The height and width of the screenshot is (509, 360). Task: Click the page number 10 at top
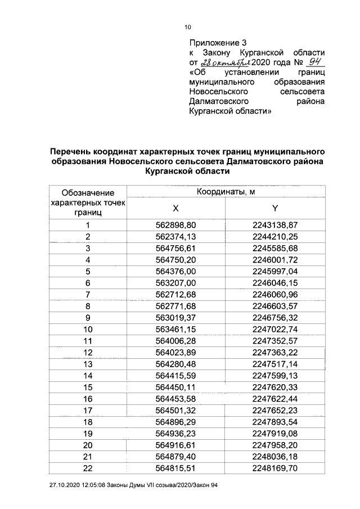[x=188, y=26]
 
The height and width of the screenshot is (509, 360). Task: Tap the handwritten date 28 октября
[x=223, y=61]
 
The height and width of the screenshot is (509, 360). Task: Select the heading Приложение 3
[x=218, y=42]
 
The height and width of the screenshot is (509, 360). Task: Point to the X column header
[x=176, y=209]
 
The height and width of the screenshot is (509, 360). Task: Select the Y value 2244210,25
[x=275, y=237]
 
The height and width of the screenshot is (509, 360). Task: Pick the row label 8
[x=88, y=306]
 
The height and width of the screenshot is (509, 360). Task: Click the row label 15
[x=88, y=387]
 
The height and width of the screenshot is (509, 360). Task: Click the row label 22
[x=88, y=468]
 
